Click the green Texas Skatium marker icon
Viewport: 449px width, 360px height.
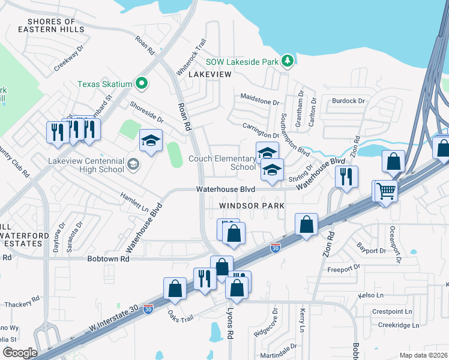click(x=142, y=84)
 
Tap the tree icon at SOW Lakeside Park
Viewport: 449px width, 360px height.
click(x=289, y=61)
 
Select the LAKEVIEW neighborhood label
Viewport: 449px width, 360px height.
click(x=210, y=74)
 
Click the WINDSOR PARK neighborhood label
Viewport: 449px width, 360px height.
click(x=251, y=205)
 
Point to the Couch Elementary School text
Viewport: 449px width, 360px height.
click(x=222, y=163)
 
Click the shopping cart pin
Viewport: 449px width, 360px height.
click(x=387, y=191)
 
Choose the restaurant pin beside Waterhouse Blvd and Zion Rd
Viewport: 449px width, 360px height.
click(x=346, y=177)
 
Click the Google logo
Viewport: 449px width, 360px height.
click(x=19, y=352)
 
